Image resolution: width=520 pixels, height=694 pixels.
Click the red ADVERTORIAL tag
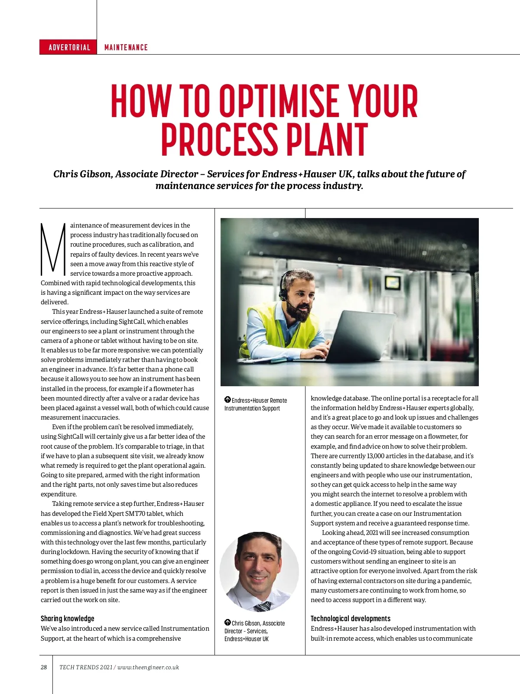tap(69, 47)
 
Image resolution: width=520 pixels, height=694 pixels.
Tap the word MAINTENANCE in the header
tap(126, 47)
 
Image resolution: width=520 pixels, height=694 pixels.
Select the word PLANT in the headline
tap(326, 140)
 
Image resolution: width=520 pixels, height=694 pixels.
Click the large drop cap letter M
tap(53, 250)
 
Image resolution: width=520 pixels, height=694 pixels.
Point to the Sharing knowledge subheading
tap(67, 619)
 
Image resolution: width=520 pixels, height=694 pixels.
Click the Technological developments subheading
tap(350, 619)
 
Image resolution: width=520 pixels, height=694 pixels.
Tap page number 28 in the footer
tap(44, 667)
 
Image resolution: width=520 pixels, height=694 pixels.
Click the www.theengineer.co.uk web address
tap(148, 667)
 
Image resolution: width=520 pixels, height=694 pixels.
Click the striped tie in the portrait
tap(263, 606)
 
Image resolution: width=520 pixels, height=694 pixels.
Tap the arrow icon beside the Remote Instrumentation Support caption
tap(227, 400)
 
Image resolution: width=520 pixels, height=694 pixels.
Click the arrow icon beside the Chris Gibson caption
tap(227, 622)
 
